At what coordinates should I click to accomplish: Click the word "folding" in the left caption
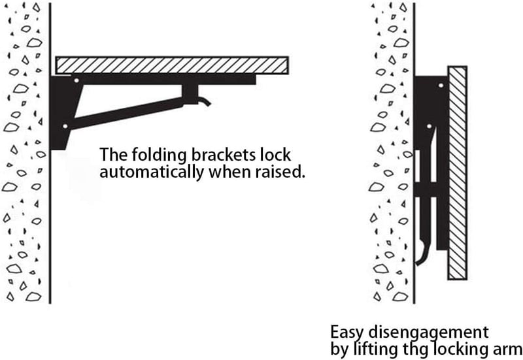(159, 155)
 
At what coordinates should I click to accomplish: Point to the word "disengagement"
(429, 333)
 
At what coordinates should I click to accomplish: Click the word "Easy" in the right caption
(348, 333)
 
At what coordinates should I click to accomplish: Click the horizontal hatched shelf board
(172, 65)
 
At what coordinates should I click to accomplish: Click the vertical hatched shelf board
(457, 172)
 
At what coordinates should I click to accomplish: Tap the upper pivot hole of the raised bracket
(76, 80)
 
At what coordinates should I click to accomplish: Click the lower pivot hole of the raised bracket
(65, 126)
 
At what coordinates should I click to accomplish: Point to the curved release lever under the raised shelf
(204, 101)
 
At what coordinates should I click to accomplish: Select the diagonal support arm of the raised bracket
(127, 113)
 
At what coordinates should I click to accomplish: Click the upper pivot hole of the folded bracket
(441, 86)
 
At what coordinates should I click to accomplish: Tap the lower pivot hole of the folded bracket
(430, 126)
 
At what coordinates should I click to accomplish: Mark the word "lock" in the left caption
(279, 154)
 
